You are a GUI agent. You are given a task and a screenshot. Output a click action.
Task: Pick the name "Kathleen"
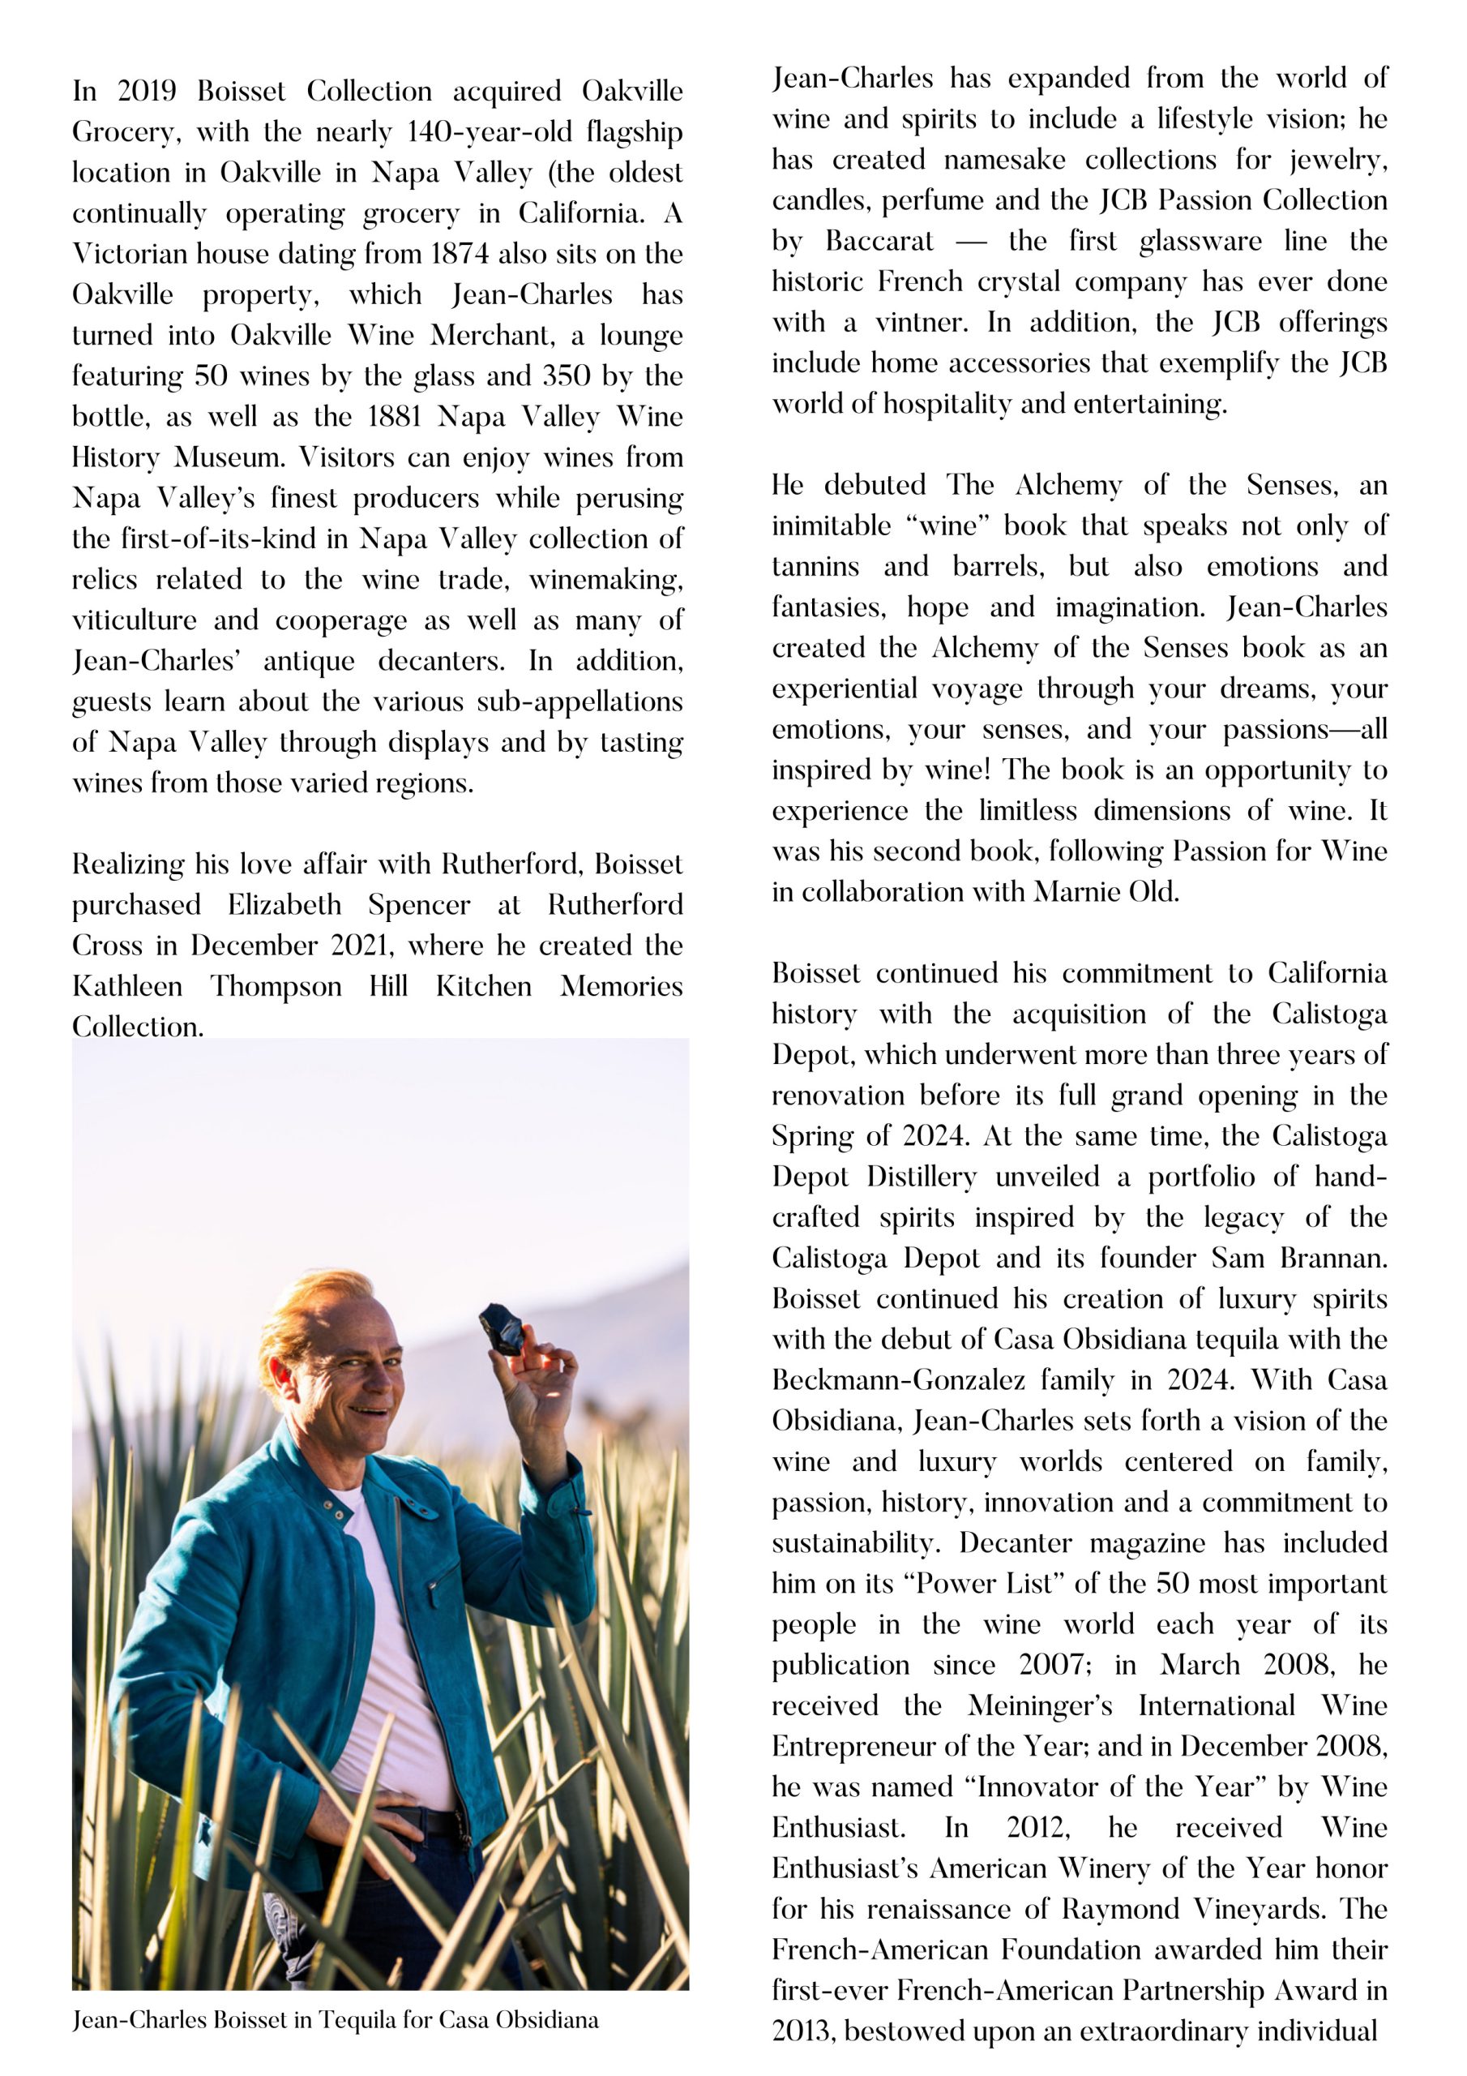tap(127, 986)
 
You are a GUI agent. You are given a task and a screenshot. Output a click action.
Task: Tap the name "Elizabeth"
tap(284, 905)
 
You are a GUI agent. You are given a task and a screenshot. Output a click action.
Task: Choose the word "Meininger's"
tap(1040, 1706)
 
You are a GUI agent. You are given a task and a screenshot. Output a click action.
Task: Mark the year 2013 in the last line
tap(802, 2031)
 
